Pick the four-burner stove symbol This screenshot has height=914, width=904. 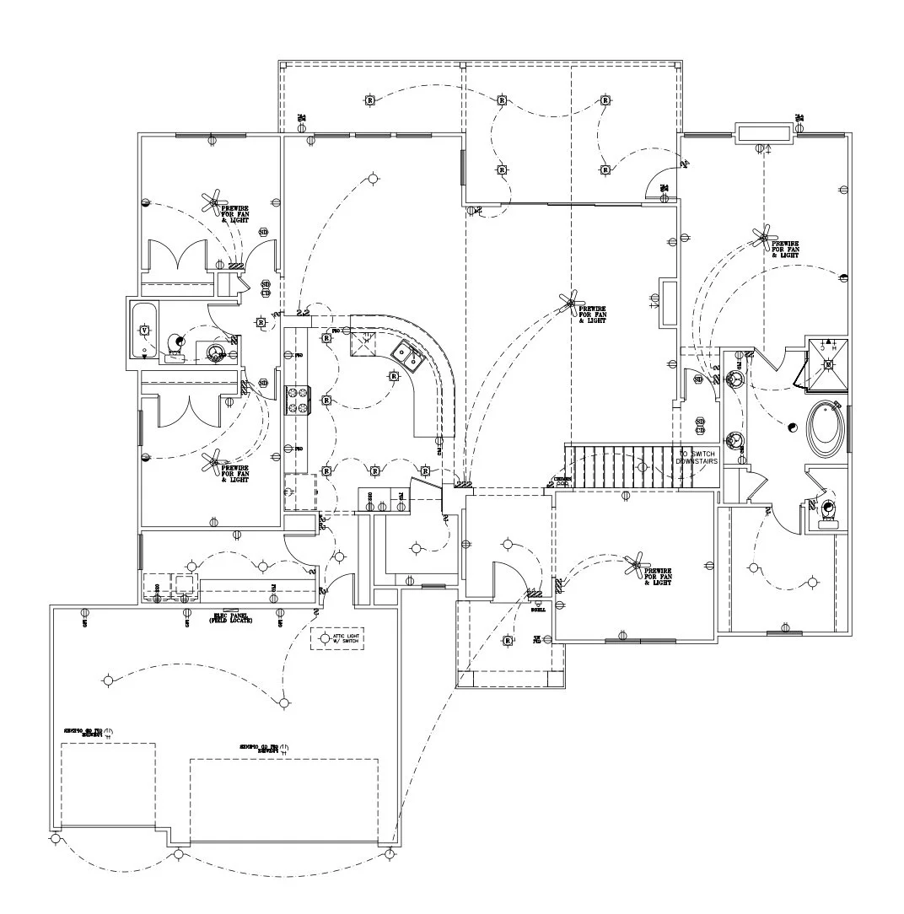click(x=299, y=400)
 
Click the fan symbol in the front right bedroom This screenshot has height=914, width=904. click(x=636, y=566)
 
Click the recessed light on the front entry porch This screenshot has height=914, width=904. click(x=508, y=642)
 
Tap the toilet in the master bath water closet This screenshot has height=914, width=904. click(x=828, y=509)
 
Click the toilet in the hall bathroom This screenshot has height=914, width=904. click(x=176, y=342)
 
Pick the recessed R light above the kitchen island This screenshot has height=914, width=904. click(x=394, y=376)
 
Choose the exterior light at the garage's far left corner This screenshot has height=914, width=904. click(x=56, y=840)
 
